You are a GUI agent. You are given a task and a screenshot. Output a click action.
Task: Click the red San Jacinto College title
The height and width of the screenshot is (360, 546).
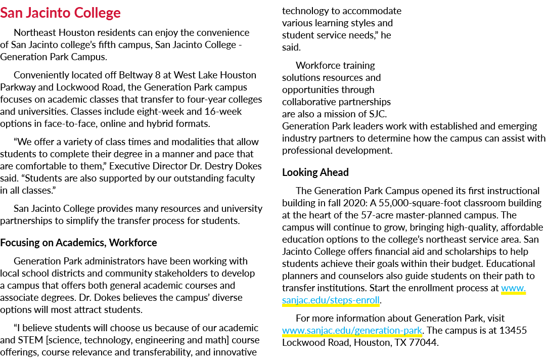click(x=60, y=13)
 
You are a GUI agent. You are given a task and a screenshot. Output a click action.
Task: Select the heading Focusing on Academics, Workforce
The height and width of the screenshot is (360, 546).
click(x=78, y=243)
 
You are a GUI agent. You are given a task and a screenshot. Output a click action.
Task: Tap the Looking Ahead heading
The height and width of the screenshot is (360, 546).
click(x=315, y=172)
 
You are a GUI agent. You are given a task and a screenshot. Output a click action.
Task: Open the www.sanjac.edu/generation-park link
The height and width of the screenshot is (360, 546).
click(x=352, y=330)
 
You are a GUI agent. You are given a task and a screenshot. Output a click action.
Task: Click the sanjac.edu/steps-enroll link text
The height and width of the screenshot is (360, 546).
click(x=331, y=300)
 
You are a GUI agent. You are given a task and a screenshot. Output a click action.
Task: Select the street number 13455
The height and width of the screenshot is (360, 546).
click(x=513, y=330)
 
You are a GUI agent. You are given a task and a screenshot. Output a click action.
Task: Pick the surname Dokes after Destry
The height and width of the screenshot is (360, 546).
click(x=248, y=166)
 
